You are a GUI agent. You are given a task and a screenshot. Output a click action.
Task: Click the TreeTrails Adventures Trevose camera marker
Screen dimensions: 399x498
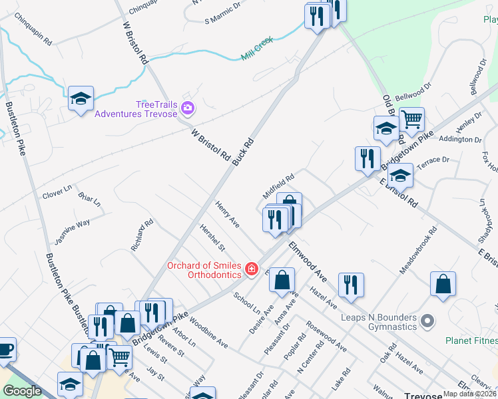[x=188, y=108]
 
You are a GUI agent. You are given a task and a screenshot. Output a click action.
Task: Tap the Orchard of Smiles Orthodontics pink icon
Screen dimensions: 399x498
[x=252, y=269]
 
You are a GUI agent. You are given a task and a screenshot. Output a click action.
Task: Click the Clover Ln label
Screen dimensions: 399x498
[x=57, y=192]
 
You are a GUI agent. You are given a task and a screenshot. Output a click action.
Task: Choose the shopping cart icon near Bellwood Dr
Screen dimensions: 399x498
[x=412, y=120]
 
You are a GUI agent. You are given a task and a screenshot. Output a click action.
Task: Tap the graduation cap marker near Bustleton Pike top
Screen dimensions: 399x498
[x=81, y=99]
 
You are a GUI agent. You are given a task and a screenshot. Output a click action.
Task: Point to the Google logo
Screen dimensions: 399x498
[x=23, y=391]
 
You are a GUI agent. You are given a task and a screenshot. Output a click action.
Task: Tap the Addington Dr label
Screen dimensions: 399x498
[x=459, y=140]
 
